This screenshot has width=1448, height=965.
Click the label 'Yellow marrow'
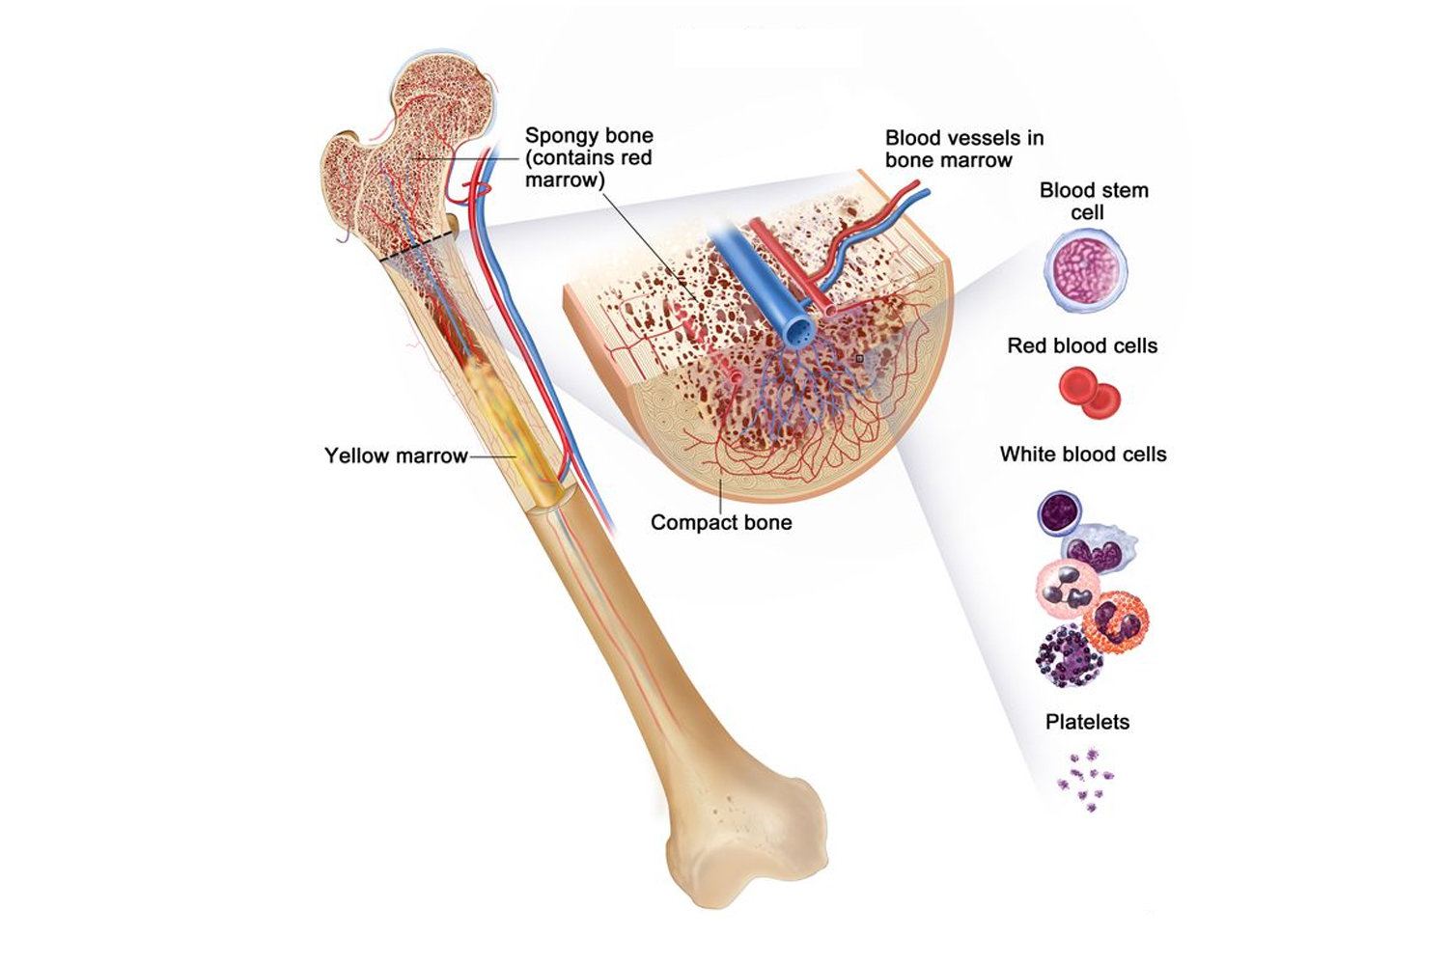396,455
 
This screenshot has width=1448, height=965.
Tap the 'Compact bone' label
721,523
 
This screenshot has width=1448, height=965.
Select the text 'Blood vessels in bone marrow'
963,150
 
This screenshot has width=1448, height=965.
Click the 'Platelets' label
1087,722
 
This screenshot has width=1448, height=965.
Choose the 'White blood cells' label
1083,455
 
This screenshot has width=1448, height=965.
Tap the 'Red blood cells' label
1082,345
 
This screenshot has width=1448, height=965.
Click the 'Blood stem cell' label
1093,201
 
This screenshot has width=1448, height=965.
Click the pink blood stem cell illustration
1086,269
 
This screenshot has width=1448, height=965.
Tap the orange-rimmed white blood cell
1117,623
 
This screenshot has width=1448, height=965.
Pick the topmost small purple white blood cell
1059,512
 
